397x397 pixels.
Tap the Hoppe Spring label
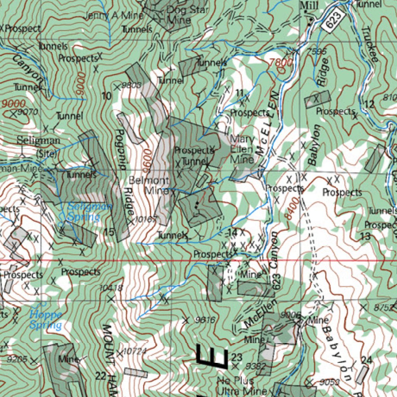tap(45, 319)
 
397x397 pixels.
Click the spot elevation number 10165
tap(146, 219)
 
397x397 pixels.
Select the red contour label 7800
tap(281, 62)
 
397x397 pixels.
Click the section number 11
tap(240, 93)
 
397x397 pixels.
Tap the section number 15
tap(109, 232)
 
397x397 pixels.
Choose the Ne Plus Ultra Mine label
tap(242, 385)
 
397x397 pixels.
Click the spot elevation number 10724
tap(134, 351)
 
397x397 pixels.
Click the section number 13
tap(365, 236)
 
